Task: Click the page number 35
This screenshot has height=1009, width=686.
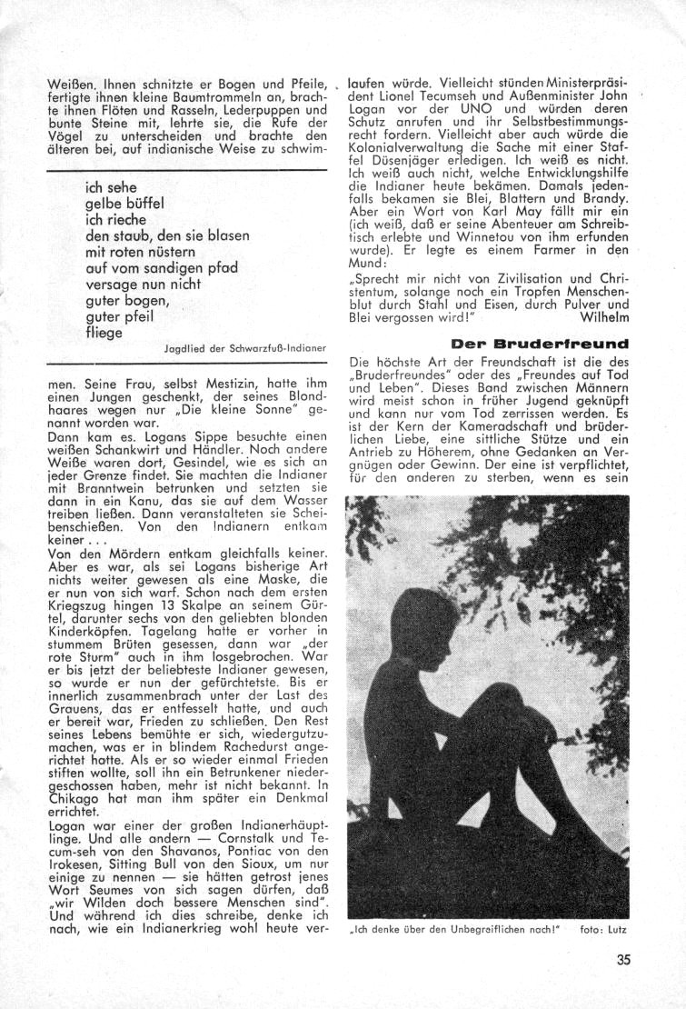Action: (621, 957)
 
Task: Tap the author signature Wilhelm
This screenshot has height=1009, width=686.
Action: (602, 318)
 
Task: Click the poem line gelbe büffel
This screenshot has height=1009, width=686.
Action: (123, 204)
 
